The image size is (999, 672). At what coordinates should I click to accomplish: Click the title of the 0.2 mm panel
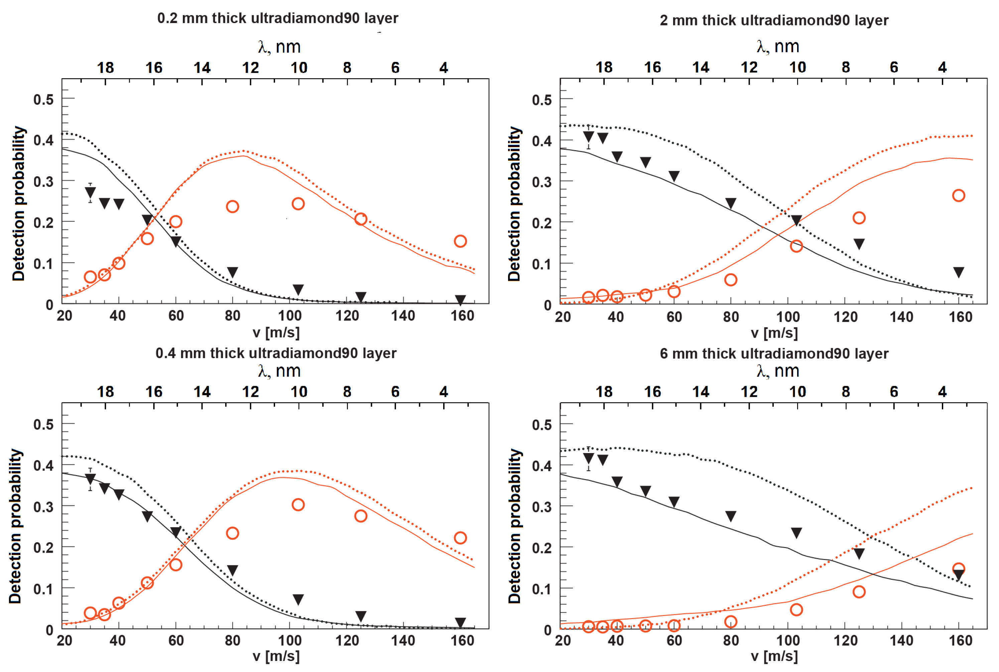point(278,18)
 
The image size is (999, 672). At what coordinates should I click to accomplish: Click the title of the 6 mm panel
point(774,354)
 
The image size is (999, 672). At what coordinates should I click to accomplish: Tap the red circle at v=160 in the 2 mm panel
point(958,196)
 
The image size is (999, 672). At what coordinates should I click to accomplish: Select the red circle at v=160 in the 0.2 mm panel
point(460,241)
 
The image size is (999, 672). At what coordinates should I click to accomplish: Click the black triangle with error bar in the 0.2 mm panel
point(90,193)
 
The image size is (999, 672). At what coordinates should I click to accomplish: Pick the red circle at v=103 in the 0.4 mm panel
point(298,505)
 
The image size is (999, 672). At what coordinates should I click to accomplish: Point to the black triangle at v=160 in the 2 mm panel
point(958,272)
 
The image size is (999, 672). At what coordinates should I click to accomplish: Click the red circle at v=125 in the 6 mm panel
point(859,592)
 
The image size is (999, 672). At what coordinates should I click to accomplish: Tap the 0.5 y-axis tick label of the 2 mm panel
point(541,100)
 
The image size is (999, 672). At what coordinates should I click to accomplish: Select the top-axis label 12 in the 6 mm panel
point(749,392)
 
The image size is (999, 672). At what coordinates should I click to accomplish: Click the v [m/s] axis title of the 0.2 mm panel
point(276,333)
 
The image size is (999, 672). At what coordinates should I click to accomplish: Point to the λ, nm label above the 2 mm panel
point(777,46)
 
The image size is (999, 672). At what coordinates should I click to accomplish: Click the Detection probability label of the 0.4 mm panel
point(15,526)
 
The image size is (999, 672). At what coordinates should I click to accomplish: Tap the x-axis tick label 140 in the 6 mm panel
point(901,640)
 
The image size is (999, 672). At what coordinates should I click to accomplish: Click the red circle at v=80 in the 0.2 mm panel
point(232,207)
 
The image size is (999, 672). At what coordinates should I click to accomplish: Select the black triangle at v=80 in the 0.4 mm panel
point(232,570)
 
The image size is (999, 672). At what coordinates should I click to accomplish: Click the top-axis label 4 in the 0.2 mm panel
point(444,68)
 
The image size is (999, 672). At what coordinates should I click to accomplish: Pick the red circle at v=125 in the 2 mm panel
point(859,218)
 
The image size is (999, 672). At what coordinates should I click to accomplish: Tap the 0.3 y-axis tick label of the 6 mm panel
point(541,507)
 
